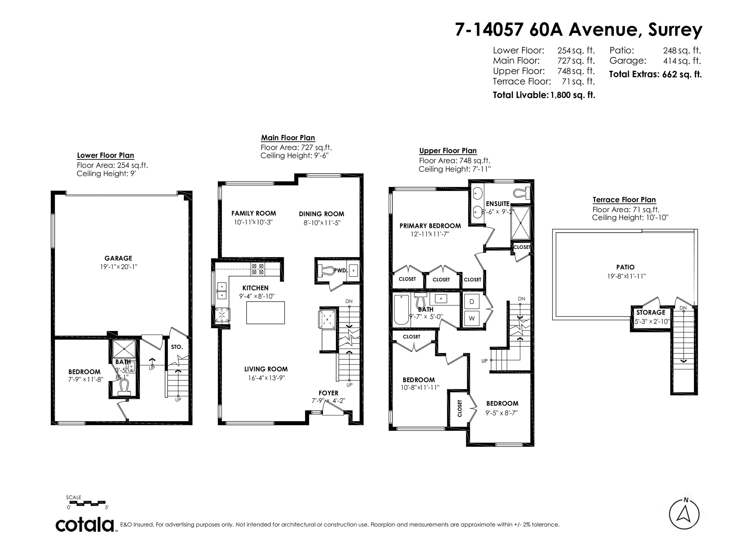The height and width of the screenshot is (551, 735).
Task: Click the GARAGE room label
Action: pos(118,258)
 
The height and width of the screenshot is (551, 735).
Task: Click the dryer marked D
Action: pos(472,301)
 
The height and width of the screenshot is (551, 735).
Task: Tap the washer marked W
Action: pos(472,318)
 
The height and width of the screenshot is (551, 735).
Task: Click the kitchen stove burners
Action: pos(257,269)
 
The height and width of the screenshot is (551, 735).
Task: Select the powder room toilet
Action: pos(326,270)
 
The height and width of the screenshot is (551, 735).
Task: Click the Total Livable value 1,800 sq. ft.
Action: pos(573,95)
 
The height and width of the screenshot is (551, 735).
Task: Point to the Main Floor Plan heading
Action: pos(288,138)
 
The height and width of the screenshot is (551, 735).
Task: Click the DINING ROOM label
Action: pos(321,214)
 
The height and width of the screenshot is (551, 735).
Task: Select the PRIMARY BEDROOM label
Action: pos(430,226)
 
